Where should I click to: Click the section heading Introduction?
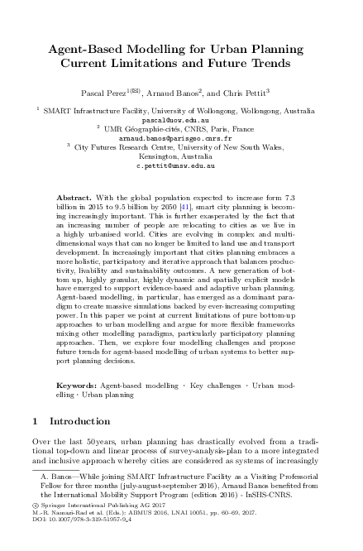pyautogui.click(x=80, y=422)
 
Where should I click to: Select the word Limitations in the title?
pyautogui.click(x=168, y=61)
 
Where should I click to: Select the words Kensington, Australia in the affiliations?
pyautogui.click(x=181, y=156)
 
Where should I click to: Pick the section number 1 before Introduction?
pyautogui.click(x=35, y=422)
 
